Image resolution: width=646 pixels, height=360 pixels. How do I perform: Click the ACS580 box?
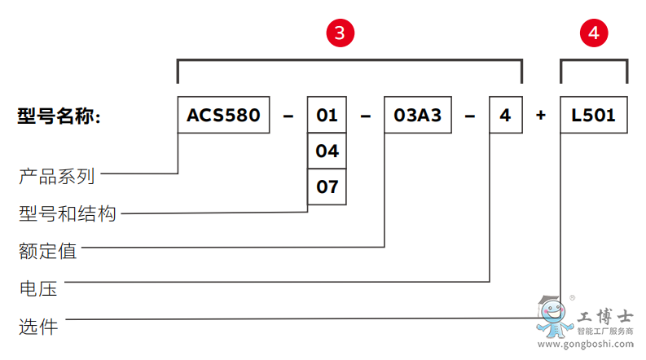(224, 116)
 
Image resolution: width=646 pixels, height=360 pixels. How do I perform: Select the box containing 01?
(327, 116)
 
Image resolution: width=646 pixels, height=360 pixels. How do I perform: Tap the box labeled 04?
(327, 151)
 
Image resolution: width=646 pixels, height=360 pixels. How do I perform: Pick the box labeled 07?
(327, 187)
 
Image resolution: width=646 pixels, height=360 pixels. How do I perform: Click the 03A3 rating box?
(417, 116)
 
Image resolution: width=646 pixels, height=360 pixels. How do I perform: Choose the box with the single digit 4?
(505, 116)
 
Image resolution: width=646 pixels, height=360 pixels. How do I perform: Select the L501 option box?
(593, 116)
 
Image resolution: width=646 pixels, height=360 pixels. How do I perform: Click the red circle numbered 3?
(341, 33)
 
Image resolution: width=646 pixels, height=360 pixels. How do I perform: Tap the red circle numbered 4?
(593, 33)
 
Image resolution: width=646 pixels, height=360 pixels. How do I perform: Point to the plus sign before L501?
(541, 116)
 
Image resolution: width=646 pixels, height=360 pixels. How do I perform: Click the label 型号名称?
(58, 116)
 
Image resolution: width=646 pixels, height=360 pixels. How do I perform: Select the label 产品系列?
(57, 175)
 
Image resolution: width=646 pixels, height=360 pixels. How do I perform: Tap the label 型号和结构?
(68, 213)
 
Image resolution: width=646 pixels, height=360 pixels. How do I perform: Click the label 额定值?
(47, 251)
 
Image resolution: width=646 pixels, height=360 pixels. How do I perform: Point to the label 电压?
(37, 288)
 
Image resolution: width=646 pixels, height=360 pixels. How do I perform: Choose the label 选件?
(37, 327)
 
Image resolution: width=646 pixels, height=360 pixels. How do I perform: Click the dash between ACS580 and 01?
(288, 116)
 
